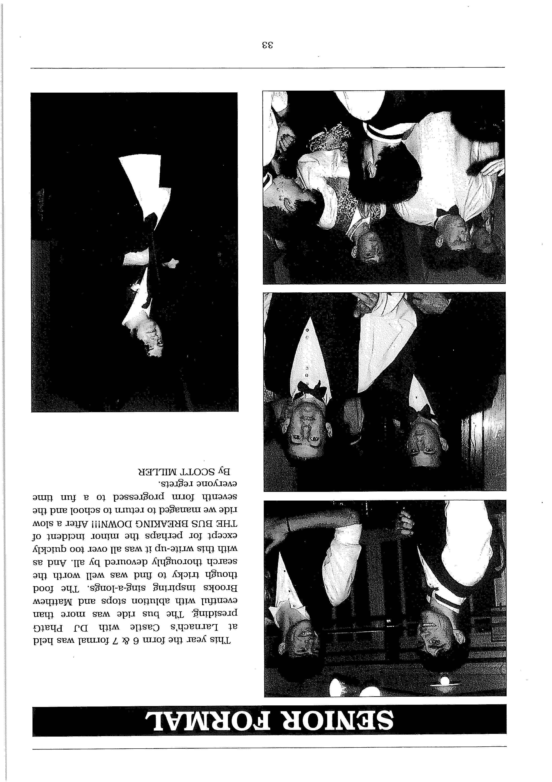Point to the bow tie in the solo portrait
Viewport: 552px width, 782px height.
(x=150, y=223)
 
